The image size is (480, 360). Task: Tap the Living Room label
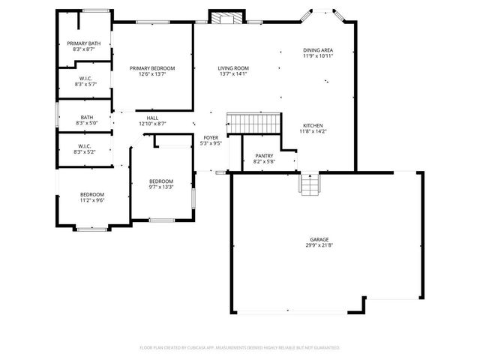233,68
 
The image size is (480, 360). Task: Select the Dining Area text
318,50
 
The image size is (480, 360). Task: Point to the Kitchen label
313,125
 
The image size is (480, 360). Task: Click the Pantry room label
264,155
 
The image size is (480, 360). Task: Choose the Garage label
319,239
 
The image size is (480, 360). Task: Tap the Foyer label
211,138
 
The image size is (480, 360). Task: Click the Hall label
152,118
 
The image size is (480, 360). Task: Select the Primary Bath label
83,43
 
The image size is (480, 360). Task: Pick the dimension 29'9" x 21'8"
319,245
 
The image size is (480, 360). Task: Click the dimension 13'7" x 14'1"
233,74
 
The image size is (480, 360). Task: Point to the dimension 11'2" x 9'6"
92,200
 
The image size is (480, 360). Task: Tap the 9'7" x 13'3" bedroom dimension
160,187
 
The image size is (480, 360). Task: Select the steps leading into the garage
309,184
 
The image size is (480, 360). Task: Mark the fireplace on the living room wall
226,18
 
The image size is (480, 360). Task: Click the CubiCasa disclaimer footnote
240,348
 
